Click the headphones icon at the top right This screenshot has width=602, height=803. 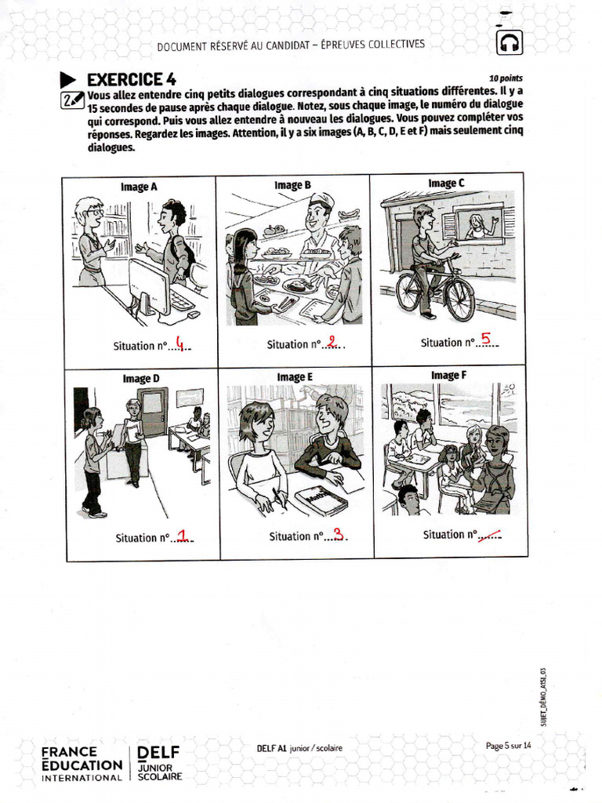[510, 42]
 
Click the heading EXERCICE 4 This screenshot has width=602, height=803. [131, 79]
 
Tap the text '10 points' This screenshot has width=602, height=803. [506, 78]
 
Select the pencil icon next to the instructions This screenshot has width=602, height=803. [72, 100]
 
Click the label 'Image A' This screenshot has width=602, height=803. [139, 187]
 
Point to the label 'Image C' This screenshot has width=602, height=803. [446, 183]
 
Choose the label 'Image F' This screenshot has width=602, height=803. [448, 376]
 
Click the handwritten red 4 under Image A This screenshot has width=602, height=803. [181, 343]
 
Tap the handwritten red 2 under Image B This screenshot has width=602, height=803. [332, 341]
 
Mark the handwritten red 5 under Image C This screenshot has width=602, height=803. [486, 339]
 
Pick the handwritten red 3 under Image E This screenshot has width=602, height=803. [338, 534]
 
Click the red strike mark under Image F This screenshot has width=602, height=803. [490, 533]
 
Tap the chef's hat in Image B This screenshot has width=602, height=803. [321, 200]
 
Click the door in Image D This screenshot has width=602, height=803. [152, 411]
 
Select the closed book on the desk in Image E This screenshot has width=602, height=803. [321, 500]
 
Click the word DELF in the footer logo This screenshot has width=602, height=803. [159, 754]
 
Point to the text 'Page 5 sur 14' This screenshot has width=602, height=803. [508, 746]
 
